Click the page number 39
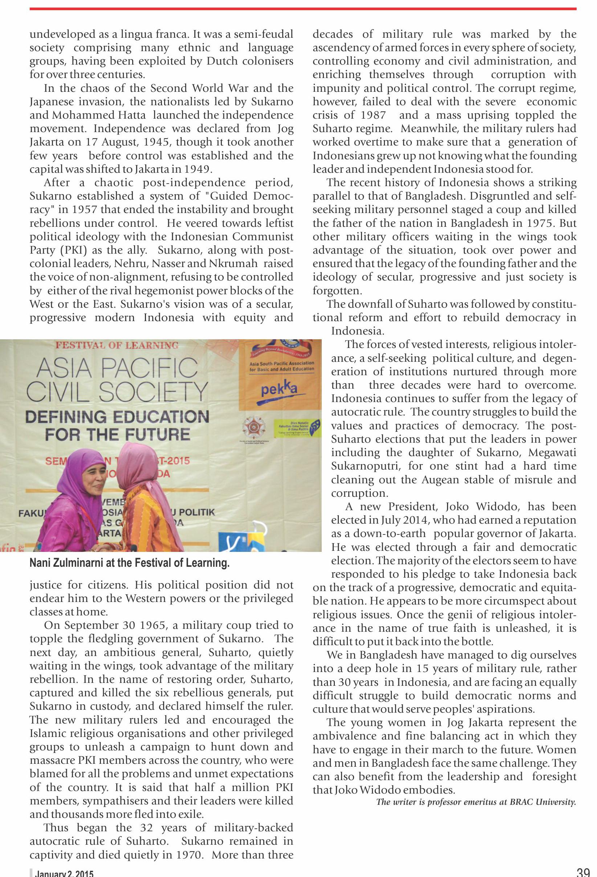click(583, 872)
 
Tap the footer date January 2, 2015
click(64, 873)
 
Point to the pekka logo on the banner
click(279, 389)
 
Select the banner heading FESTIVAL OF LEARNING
click(117, 345)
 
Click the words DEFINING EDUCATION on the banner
click(117, 417)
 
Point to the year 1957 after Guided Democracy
click(85, 209)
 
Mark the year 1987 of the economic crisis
click(373, 115)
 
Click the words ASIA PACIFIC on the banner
click(117, 368)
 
